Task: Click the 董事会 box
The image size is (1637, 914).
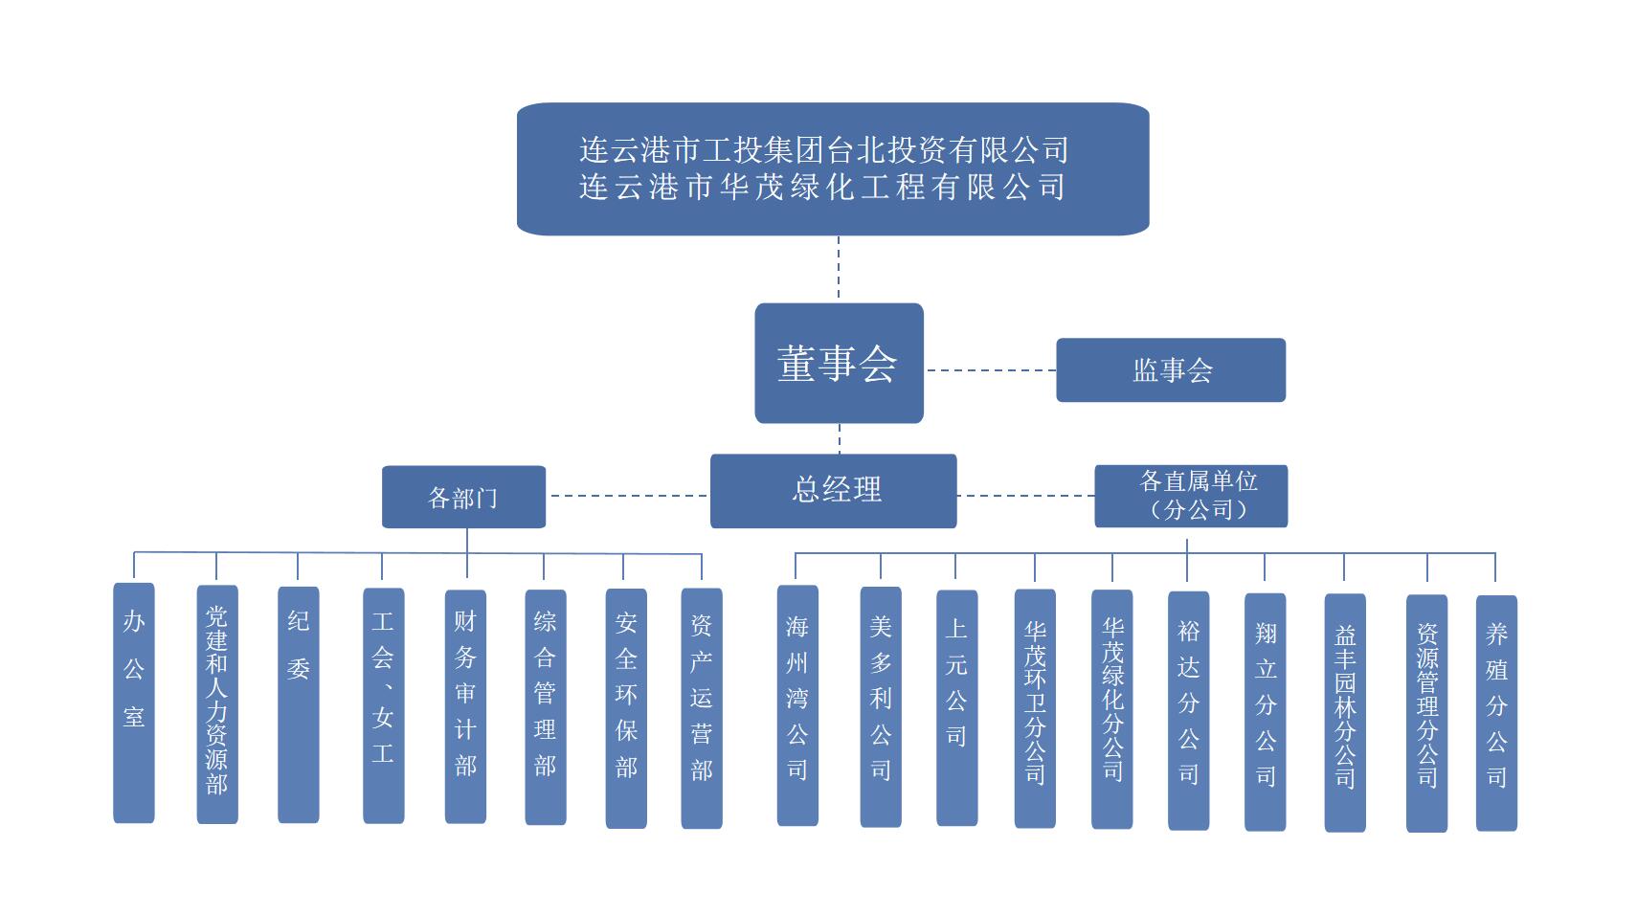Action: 839,363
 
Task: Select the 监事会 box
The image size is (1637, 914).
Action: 1170,369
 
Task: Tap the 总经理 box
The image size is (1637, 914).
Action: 833,490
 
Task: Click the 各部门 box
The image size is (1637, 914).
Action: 463,497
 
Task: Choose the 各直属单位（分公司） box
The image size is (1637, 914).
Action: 1191,496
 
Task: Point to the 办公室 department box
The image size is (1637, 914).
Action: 134,702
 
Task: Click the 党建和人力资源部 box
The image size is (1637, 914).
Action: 217,703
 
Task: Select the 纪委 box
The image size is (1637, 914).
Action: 299,703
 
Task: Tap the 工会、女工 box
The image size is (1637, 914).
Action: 383,704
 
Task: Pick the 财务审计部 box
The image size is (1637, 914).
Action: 465,705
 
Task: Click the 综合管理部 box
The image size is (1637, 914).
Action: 545,706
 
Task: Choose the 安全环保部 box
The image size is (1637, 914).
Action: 626,707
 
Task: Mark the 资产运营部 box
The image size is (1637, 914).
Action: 702,707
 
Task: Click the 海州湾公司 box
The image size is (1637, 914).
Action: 797,704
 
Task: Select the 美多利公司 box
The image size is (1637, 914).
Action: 881,706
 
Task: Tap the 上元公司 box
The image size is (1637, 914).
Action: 956,707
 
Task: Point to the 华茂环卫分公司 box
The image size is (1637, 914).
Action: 1035,707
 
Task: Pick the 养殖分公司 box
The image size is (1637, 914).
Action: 1496,712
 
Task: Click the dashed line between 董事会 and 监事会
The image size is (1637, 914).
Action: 990,369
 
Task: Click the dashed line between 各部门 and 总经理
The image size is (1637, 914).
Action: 627,496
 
